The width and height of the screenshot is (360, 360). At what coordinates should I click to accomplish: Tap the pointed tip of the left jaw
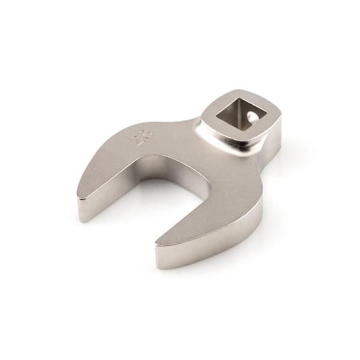(80, 193)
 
